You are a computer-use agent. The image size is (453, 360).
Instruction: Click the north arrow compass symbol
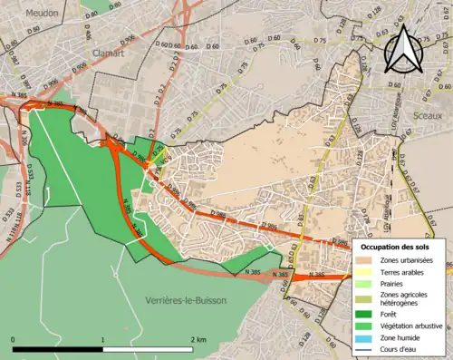(404, 47)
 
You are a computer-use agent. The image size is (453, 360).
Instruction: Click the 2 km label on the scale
(198, 338)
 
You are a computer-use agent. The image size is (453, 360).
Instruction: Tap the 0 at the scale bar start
(13, 338)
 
